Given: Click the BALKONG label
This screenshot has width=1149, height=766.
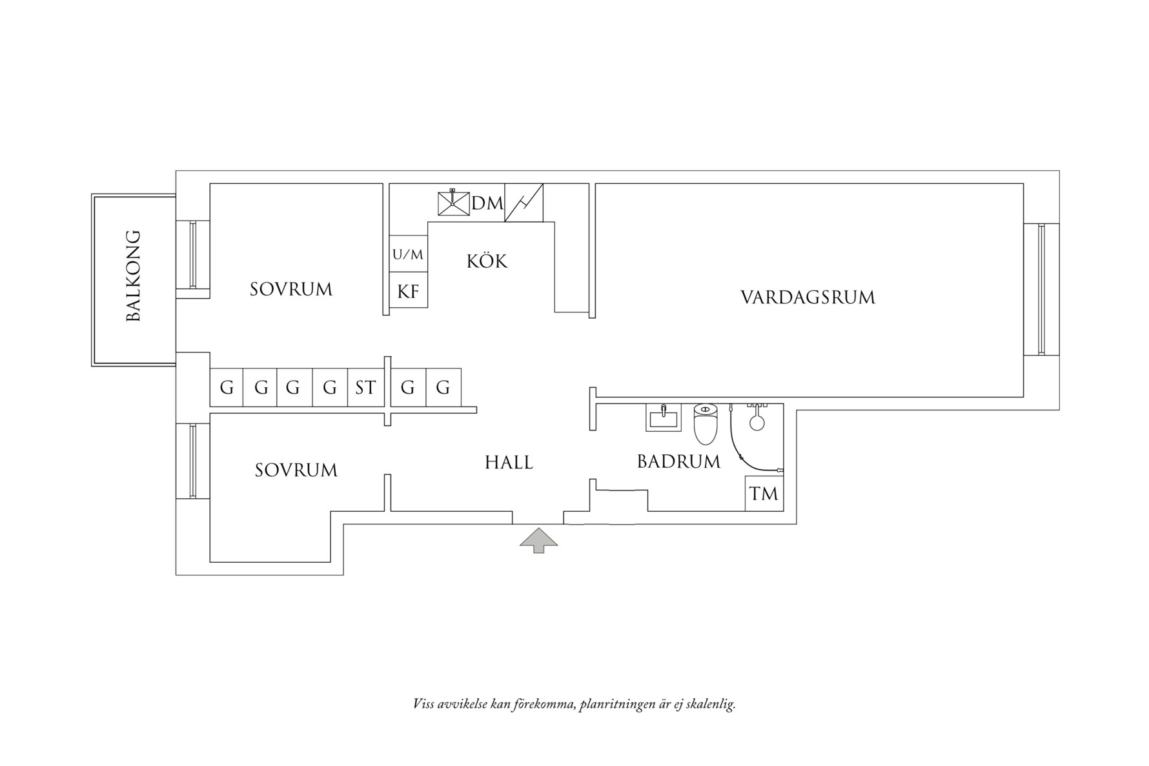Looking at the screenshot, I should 133,276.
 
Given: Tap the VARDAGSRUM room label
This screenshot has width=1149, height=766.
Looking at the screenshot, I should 807,297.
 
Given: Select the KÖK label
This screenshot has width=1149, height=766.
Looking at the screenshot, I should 487,261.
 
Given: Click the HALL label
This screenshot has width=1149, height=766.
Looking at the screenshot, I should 509,463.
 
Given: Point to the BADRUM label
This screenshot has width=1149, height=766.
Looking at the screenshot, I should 678,461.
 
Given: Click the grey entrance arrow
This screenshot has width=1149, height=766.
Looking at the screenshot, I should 538,541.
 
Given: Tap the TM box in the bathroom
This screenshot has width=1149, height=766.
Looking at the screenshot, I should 764,494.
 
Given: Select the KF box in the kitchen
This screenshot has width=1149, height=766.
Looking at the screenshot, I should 408,291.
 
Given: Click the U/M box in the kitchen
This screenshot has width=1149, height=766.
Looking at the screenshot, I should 408,255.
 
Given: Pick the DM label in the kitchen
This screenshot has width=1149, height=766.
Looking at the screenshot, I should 487,203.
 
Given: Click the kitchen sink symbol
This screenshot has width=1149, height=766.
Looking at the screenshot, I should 453,203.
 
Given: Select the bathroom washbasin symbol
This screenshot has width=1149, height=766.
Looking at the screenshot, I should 663,418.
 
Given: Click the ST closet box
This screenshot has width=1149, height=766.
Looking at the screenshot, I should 365,388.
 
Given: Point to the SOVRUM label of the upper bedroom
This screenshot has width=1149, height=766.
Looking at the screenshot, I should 291,289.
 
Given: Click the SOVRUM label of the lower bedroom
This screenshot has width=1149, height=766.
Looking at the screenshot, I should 296,470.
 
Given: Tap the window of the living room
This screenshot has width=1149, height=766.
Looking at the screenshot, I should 1041,289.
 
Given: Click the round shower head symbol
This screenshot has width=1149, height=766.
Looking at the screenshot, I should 757,423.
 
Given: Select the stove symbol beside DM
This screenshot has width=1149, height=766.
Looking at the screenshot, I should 524,203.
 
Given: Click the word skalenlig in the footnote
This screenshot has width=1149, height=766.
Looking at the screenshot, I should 707,704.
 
